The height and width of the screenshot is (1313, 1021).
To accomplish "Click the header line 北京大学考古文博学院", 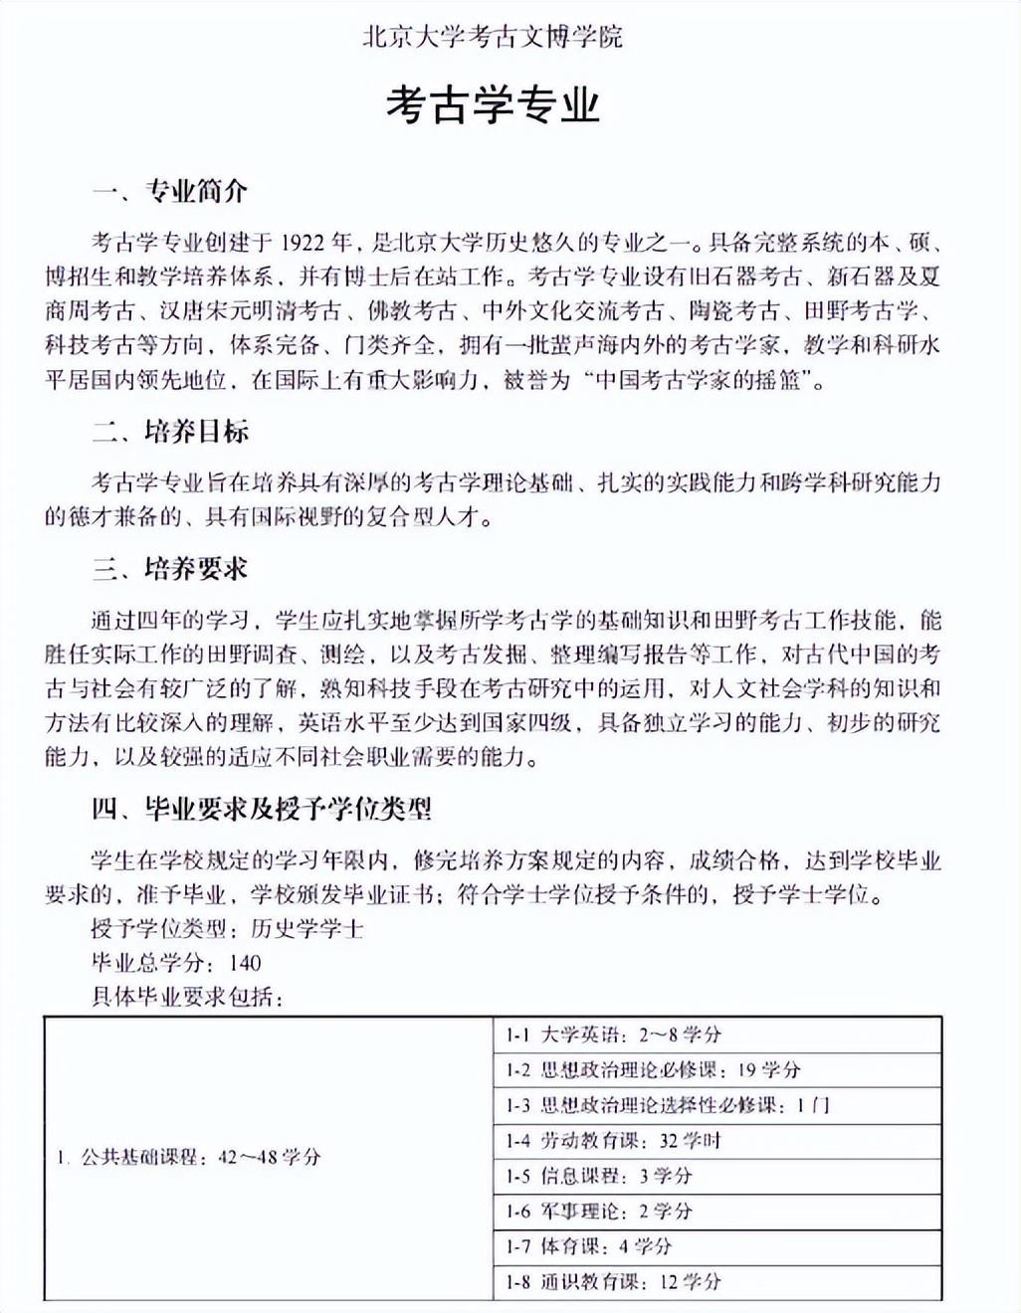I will [x=493, y=38].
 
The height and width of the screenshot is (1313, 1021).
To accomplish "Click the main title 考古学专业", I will [x=493, y=104].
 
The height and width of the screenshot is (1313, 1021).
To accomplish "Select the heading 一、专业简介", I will [x=170, y=191].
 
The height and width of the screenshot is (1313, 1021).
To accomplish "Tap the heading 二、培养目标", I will [x=170, y=432].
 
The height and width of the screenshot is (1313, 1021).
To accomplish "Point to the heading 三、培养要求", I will [x=170, y=569].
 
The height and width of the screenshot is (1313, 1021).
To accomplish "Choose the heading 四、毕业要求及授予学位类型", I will [x=262, y=809].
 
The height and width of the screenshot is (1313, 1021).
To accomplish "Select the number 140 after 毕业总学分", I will [x=244, y=963].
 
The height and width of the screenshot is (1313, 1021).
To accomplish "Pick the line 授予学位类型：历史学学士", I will [x=227, y=929].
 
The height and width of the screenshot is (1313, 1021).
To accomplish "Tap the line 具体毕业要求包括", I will [x=187, y=997].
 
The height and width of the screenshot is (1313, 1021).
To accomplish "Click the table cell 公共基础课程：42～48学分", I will [x=189, y=1157].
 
